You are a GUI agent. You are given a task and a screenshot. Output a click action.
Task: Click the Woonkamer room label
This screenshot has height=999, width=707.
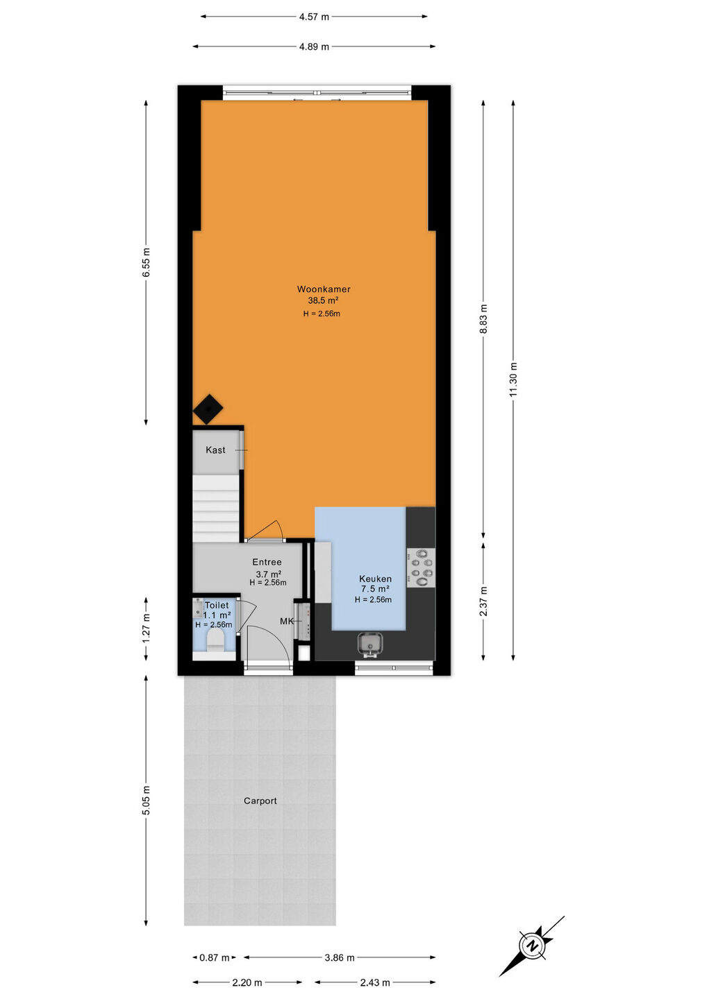[x=324, y=289]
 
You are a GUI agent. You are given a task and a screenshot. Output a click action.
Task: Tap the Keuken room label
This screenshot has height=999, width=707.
[x=375, y=579]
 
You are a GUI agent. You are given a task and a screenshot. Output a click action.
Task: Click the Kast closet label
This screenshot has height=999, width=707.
[x=215, y=450]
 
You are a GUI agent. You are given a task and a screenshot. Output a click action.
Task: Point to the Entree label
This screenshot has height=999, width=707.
[x=267, y=562]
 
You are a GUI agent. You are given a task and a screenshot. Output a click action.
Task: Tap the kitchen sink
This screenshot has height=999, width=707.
[x=369, y=645]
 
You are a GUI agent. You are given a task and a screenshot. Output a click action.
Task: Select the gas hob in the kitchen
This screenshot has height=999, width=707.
[x=420, y=567]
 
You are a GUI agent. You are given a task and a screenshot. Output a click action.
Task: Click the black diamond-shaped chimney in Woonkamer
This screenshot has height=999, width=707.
[x=208, y=409]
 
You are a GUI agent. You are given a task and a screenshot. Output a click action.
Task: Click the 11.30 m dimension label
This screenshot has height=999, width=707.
[x=513, y=379]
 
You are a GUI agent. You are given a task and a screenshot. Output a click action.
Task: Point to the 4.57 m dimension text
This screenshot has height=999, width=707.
[x=314, y=17]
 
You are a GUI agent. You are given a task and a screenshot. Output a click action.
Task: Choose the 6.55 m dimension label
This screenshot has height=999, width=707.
[x=146, y=262]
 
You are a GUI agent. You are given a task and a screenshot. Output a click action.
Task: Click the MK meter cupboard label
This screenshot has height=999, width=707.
[x=286, y=621]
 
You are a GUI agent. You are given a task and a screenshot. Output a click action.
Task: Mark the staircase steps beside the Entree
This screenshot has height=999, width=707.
[x=217, y=508]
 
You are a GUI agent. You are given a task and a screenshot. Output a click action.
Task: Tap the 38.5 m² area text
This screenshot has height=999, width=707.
[x=323, y=300]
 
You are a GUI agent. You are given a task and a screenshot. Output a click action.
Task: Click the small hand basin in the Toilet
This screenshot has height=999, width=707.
[x=198, y=608]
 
